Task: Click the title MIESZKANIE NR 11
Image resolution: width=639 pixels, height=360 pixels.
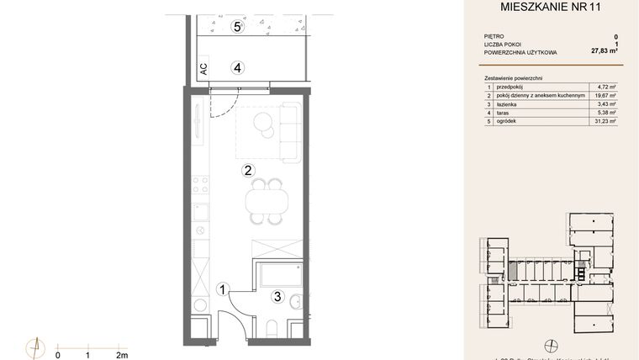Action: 551,9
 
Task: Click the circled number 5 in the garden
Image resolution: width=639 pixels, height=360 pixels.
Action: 238,27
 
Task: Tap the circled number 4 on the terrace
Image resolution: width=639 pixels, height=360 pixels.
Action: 238,67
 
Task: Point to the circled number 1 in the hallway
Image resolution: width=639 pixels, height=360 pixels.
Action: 223,289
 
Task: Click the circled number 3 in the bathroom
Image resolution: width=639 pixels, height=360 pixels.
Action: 277,295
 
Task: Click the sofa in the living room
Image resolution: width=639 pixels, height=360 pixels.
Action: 288,130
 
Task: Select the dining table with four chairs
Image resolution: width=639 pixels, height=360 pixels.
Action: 263,201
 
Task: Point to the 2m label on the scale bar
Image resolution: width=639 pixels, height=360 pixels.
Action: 122,355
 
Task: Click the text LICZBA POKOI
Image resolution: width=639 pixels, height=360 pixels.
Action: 504,45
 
